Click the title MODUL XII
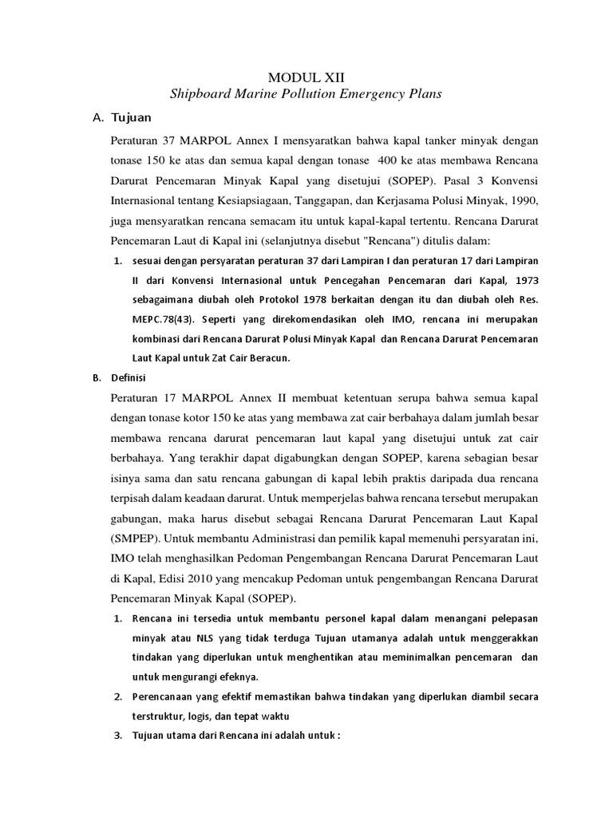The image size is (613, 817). (x=306, y=77)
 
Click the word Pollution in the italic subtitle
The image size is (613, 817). (x=303, y=94)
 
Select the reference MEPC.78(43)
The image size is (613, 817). (x=167, y=319)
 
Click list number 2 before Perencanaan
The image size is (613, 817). (x=117, y=697)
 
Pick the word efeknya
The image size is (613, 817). (x=231, y=677)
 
